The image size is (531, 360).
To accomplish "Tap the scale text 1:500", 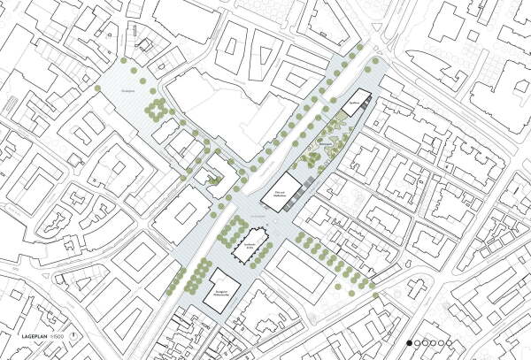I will click(58, 337).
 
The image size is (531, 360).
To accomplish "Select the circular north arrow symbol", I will click(74, 337).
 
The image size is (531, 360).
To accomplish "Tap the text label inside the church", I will click(250, 243).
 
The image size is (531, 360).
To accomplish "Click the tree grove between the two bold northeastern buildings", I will click(319, 150).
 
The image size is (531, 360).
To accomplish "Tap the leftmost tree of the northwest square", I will click(97, 87).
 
